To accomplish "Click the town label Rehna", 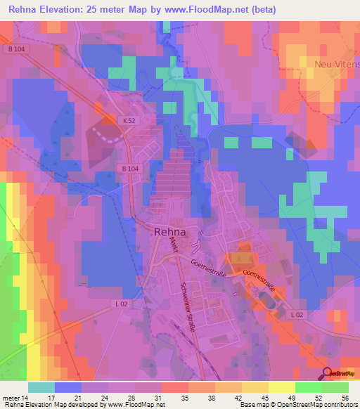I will (x=170, y=233).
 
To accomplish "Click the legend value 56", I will (x=345, y=398).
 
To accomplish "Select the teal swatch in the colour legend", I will (x=41, y=387).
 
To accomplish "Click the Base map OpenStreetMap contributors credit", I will (x=300, y=405).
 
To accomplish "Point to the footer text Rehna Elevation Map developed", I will (x=49, y=405).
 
